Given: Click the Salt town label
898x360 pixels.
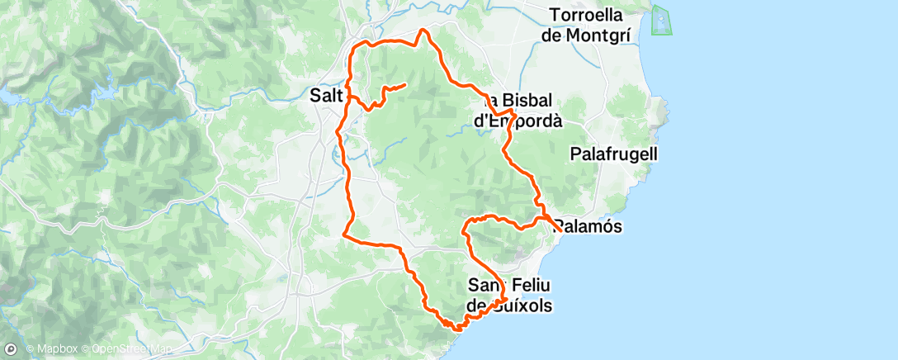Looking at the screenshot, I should click(326, 96).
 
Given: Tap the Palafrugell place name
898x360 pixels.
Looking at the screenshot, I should click(613, 154).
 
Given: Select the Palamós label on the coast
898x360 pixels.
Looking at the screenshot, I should click(588, 225).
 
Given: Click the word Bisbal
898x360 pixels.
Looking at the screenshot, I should click(527, 100).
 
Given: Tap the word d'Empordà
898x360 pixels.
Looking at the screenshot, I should click(518, 121).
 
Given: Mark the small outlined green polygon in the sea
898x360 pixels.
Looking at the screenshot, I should click(662, 21).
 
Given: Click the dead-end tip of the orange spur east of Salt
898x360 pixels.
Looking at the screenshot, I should click(405, 84).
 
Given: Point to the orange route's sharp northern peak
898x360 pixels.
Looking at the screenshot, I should click(424, 30).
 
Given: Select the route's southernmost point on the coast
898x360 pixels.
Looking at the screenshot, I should click(456, 327).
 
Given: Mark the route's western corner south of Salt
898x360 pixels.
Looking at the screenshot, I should click(344, 234).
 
